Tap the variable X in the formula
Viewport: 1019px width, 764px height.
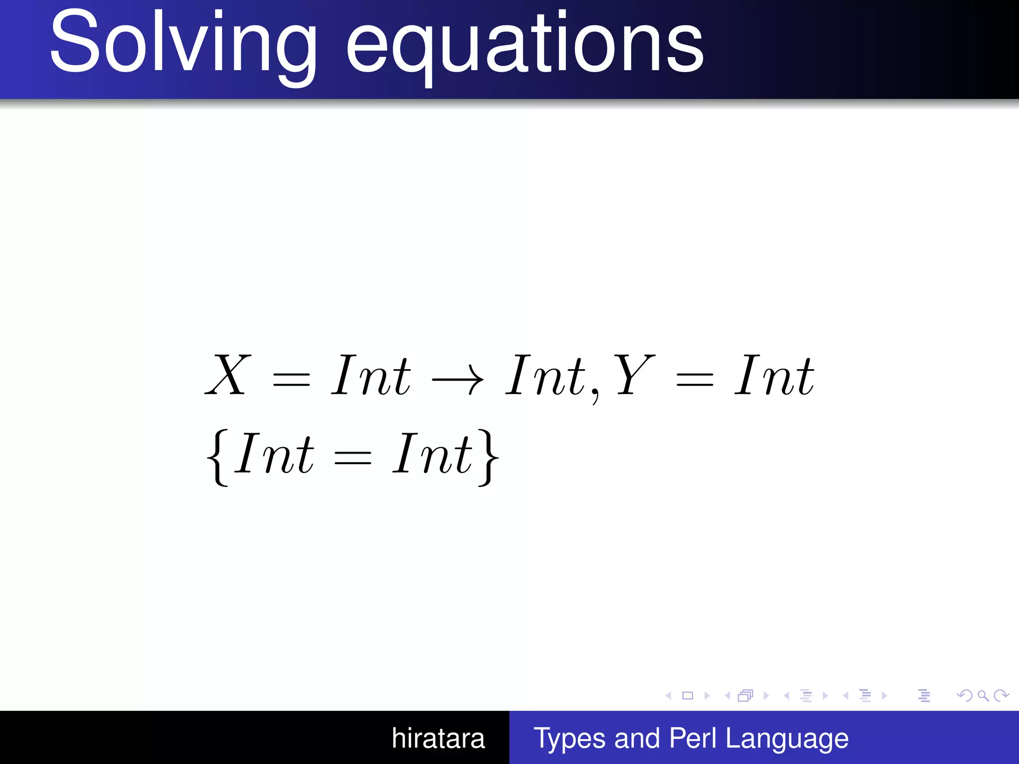pos(228,376)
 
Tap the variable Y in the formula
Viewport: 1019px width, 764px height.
pos(634,376)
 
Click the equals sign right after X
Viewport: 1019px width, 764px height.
pos(292,381)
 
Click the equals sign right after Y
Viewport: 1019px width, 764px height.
pos(695,381)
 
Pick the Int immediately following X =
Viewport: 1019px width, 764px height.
pos(371,376)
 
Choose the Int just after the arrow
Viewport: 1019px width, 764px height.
pos(545,376)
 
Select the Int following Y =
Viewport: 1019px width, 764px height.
pos(774,376)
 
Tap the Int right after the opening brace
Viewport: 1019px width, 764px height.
pos(274,454)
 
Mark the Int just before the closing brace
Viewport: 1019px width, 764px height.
pos(432,454)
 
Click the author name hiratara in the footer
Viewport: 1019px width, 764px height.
pos(438,738)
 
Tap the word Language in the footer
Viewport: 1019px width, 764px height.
pos(787,739)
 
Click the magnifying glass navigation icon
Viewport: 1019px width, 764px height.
pos(983,696)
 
